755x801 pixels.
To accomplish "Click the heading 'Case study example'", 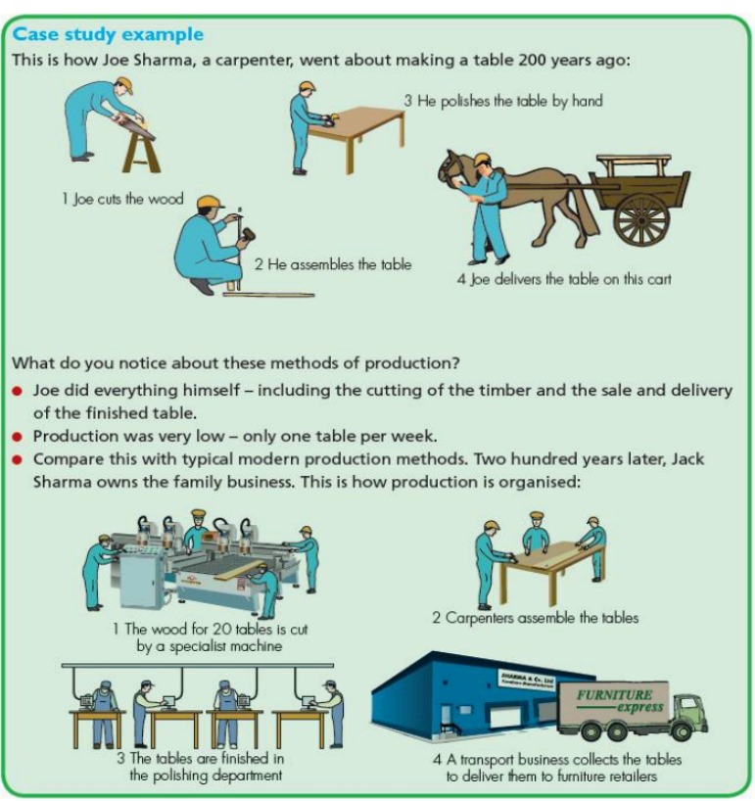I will (x=108, y=34).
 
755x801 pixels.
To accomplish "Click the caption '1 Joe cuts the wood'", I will (x=122, y=199).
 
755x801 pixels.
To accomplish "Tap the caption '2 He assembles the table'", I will (x=333, y=264).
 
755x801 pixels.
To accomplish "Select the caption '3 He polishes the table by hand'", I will (x=503, y=100).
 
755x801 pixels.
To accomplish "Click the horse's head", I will (x=452, y=169).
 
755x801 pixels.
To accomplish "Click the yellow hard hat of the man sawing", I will (x=122, y=84).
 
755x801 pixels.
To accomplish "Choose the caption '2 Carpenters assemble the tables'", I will (x=536, y=618).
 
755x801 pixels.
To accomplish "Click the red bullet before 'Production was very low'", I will (x=18, y=436).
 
